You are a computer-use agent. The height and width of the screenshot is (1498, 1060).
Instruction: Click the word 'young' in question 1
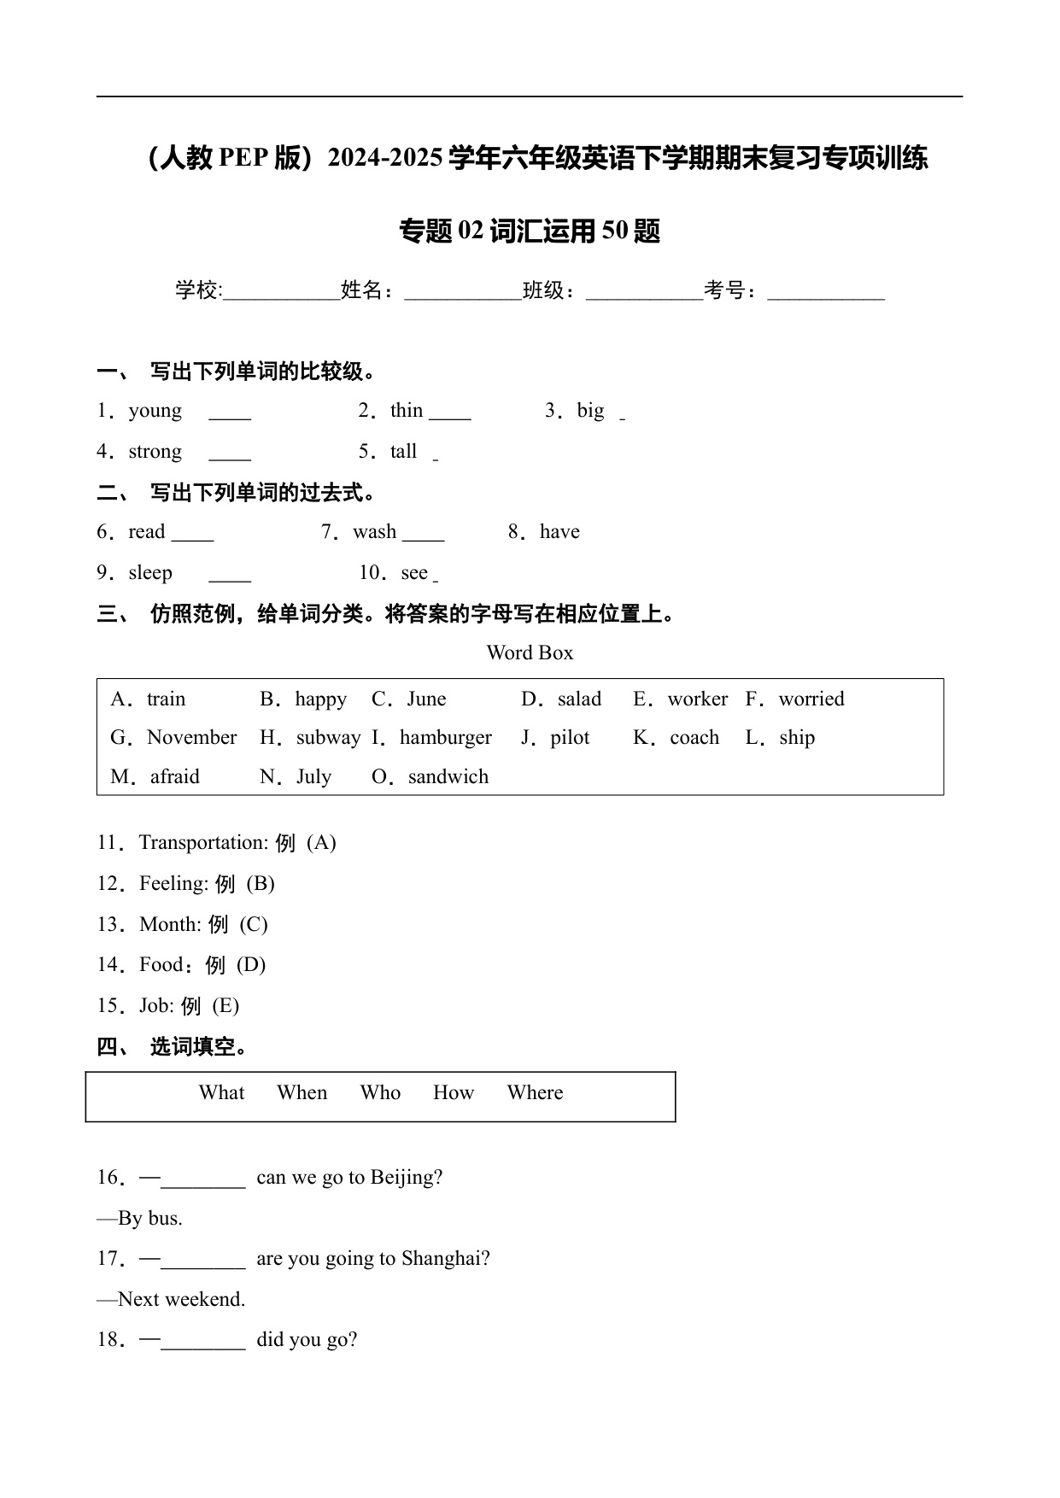pos(155,412)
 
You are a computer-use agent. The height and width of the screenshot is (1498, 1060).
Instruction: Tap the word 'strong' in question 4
pos(155,452)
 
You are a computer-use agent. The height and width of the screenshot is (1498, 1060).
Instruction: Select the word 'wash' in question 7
pos(374,532)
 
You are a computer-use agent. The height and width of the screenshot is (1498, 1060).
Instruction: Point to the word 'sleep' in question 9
pos(150,573)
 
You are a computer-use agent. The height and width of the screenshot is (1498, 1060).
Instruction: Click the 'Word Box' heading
pos(530,653)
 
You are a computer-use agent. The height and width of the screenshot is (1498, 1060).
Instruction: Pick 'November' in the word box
pos(191,738)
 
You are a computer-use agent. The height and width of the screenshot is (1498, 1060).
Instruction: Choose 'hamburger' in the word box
pos(445,738)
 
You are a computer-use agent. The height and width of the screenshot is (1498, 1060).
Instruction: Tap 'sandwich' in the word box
pos(448,777)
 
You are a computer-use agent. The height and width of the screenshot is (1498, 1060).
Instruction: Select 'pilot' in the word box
pos(570,738)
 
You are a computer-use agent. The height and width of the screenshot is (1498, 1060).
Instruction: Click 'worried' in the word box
pos(811,699)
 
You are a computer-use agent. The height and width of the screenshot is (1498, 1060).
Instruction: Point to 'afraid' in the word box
pos(174,777)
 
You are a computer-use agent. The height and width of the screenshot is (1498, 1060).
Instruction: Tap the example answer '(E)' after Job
pos(225,1006)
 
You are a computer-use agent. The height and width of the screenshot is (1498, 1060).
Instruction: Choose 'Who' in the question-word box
pos(380,1093)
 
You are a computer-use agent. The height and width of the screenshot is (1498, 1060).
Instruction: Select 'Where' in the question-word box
pos(535,1093)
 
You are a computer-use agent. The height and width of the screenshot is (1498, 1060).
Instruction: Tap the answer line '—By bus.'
pos(140,1219)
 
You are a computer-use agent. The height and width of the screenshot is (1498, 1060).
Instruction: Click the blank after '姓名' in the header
pos(462,297)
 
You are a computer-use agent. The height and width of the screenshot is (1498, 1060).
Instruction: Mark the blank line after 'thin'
pos(450,418)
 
